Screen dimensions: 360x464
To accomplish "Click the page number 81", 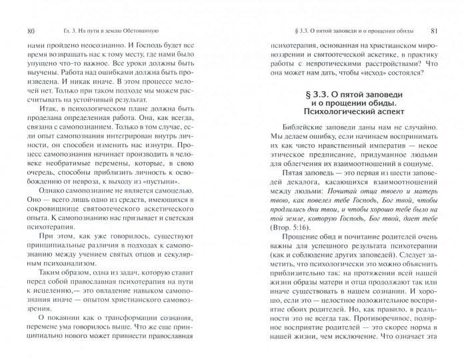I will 433,31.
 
